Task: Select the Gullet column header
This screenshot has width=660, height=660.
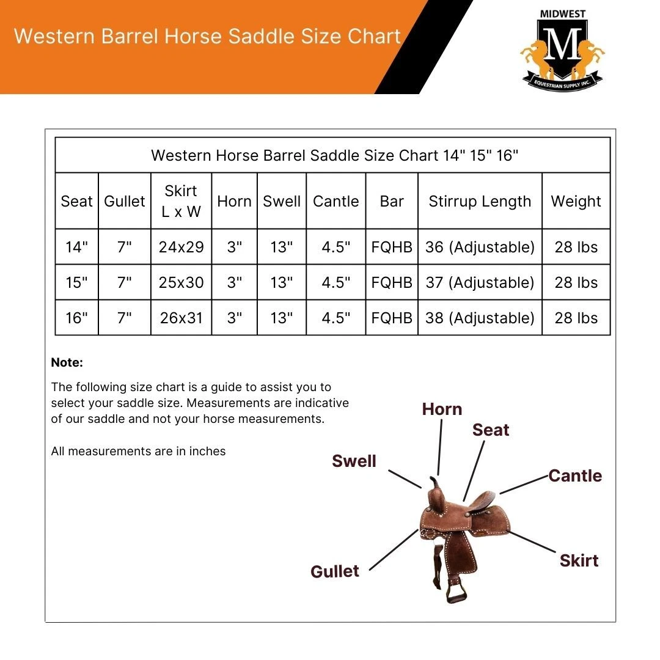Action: click(125, 201)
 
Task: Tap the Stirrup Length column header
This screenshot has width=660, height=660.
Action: click(480, 201)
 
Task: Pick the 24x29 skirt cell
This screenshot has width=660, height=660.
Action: click(182, 247)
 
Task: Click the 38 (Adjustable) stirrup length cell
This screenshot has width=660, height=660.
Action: click(480, 318)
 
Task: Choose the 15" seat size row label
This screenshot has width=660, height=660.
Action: click(76, 282)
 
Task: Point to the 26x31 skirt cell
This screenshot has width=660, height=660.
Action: click(182, 318)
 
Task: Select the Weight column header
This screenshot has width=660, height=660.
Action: click(576, 201)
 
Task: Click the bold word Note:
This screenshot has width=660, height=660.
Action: click(67, 362)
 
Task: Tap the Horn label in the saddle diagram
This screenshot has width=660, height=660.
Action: click(442, 409)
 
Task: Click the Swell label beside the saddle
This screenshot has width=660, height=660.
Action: click(354, 461)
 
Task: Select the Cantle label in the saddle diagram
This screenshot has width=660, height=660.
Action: click(575, 475)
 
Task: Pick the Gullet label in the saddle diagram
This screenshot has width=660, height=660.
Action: click(335, 571)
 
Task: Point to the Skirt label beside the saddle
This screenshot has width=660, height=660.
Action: click(579, 560)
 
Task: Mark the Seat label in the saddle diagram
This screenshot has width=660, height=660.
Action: click(491, 430)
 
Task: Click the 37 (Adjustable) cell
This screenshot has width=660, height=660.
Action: click(480, 282)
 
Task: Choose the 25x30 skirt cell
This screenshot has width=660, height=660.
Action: click(182, 282)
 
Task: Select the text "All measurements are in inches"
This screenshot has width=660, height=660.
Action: click(139, 452)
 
